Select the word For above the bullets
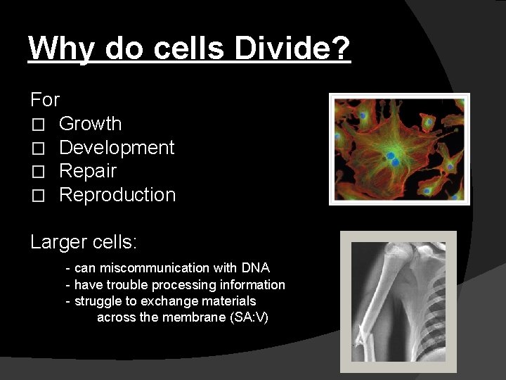pyautogui.click(x=45, y=99)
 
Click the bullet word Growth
pyautogui.click(x=90, y=124)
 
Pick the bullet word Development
pyautogui.click(x=117, y=148)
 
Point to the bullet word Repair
pyautogui.click(x=88, y=171)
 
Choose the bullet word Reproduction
pyautogui.click(x=117, y=195)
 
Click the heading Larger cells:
pyautogui.click(x=84, y=243)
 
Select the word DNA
pyautogui.click(x=255, y=268)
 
